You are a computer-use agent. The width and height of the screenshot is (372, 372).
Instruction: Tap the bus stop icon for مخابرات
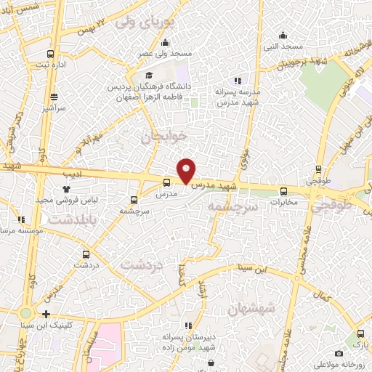[x=283, y=192]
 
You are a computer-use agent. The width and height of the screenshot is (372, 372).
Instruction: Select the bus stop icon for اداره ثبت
[x=49, y=53]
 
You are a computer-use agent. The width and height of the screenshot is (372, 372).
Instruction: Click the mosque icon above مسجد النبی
[x=283, y=35]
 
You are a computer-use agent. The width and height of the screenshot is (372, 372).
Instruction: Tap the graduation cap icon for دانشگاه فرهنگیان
[x=150, y=75]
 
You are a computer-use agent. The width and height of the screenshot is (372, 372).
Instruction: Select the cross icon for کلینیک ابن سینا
[x=46, y=315]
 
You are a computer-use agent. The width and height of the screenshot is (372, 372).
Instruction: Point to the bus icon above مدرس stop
[x=167, y=183]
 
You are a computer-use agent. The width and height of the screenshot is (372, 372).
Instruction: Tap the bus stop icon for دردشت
[x=86, y=254]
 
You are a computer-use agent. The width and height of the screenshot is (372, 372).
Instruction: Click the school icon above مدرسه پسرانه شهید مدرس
[x=237, y=81]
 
